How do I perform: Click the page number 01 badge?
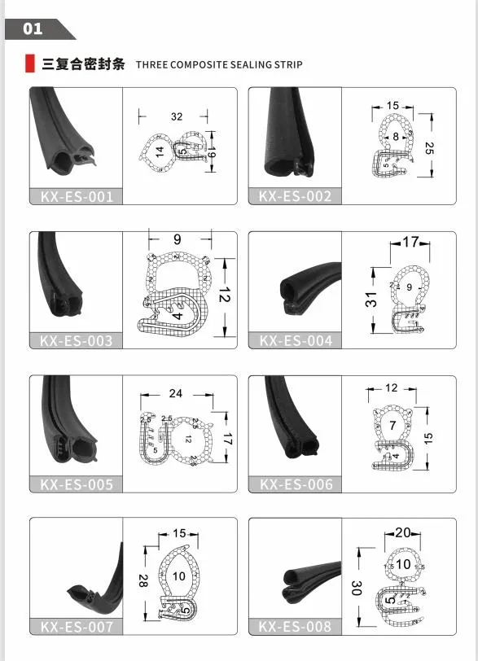coord(33,29)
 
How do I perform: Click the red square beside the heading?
coord(30,63)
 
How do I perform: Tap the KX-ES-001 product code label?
coord(77,196)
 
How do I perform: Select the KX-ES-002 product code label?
coord(296,196)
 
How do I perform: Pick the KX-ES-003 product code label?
coord(77,340)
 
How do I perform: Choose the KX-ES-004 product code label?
coord(296,340)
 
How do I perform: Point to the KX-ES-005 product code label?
coord(77,484)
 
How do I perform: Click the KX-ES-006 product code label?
coord(296,484)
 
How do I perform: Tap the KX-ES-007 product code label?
coord(77,627)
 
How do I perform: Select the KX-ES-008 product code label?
coord(296,627)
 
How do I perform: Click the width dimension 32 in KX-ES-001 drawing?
coord(177,116)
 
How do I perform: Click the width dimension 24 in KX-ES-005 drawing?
coord(175,394)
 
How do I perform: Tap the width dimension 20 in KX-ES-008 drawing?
coord(402,532)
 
